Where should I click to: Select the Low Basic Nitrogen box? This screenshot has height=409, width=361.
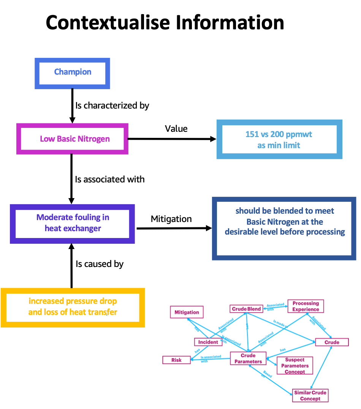click(x=72, y=139)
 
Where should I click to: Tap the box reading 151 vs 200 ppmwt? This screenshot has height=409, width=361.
click(x=279, y=139)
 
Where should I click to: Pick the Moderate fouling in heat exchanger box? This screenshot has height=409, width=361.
click(x=72, y=224)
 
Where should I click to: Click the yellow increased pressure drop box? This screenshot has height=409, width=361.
click(x=73, y=307)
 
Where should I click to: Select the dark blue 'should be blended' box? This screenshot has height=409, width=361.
click(x=284, y=228)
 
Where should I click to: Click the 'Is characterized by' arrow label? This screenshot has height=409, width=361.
click(x=112, y=105)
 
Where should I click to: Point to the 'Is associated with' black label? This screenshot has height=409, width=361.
click(x=110, y=179)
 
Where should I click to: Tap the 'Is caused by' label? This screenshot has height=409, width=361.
click(x=100, y=264)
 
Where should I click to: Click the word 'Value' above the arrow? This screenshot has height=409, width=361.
click(x=176, y=129)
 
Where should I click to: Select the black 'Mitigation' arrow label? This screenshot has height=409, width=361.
click(x=171, y=219)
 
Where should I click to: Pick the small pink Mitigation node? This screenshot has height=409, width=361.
click(x=187, y=312)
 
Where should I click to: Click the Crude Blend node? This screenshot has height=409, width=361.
click(x=247, y=309)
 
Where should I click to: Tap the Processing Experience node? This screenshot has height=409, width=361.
click(x=306, y=306)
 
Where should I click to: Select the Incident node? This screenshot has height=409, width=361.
click(x=208, y=342)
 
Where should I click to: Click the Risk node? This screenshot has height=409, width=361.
click(x=176, y=360)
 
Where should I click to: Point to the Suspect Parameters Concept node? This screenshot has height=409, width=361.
click(x=295, y=366)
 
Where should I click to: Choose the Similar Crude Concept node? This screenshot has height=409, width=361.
click(x=310, y=395)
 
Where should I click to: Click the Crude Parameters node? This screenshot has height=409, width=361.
click(x=248, y=358)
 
